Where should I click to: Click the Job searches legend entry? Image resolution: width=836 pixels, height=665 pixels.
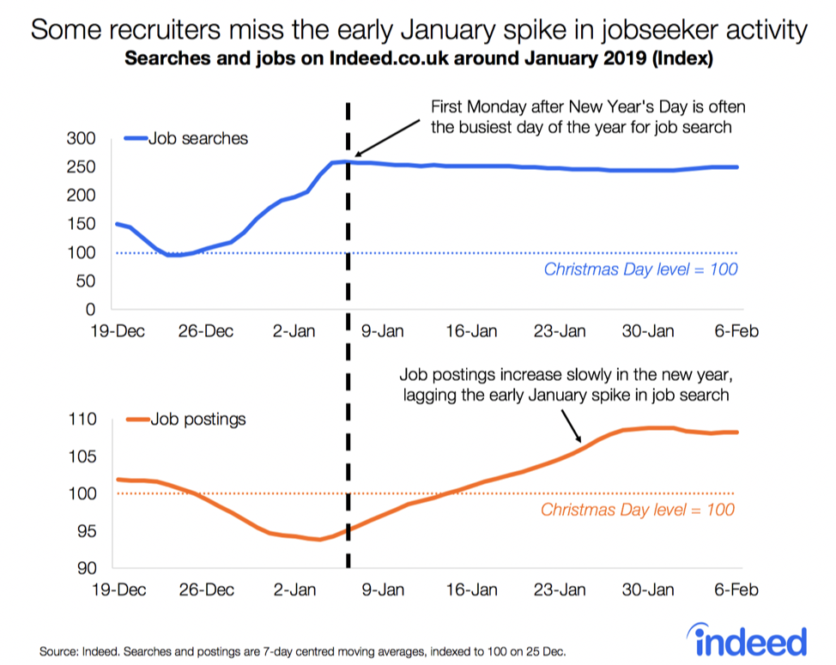(186, 138)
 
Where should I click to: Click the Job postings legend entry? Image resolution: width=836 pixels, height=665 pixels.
(186, 420)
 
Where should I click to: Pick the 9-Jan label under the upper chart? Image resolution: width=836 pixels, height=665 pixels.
(382, 331)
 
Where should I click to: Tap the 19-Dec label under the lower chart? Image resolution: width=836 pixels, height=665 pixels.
(118, 590)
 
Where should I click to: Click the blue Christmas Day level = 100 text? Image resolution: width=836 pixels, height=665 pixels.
(641, 269)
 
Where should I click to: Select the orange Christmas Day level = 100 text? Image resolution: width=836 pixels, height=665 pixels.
(638, 510)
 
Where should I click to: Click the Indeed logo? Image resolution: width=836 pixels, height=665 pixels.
(747, 640)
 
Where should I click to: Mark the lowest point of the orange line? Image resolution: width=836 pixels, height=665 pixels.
(319, 540)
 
